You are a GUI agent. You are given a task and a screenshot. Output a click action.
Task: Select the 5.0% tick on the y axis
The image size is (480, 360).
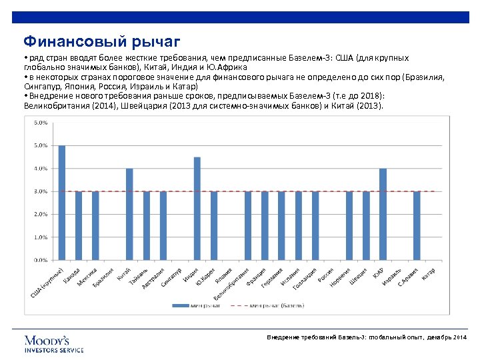click(x=40, y=145)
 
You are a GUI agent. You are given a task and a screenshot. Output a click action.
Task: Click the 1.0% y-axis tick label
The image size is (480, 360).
click(x=40, y=237)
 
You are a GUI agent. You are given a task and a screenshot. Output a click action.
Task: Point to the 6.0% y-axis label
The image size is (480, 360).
click(x=40, y=123)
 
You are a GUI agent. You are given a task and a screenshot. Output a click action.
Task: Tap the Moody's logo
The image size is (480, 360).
click(x=54, y=343)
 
